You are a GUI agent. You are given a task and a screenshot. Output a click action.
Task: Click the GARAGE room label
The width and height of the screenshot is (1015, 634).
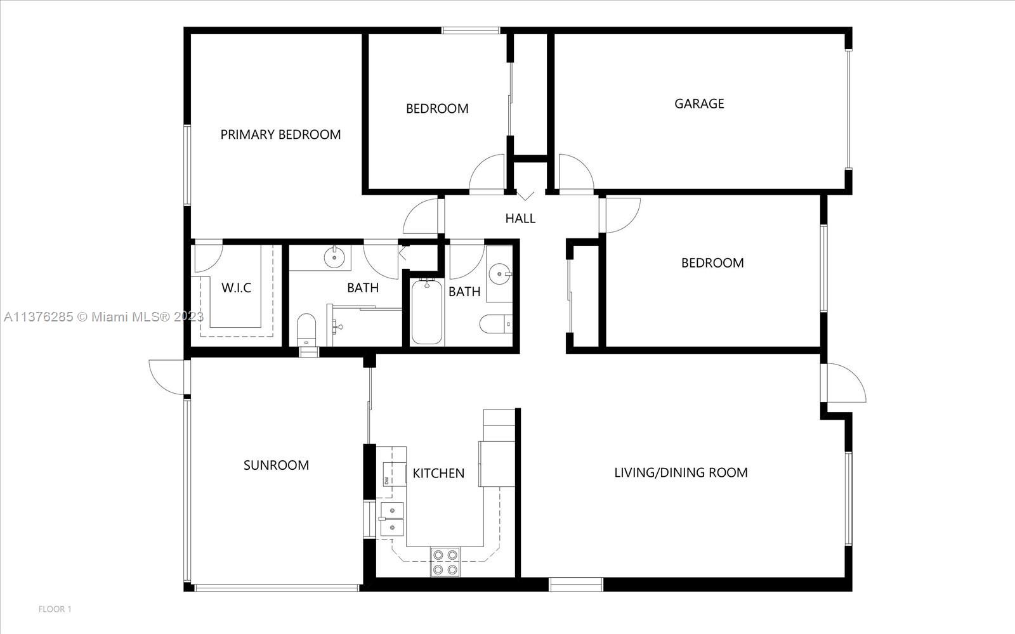pyautogui.click(x=699, y=104)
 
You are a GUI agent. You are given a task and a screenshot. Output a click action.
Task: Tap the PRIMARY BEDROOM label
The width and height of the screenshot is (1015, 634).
pyautogui.click(x=280, y=134)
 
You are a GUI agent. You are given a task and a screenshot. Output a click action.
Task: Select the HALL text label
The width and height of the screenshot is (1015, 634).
pyautogui.click(x=520, y=218)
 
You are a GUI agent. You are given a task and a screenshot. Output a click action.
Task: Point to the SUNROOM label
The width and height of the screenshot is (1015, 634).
pyautogui.click(x=276, y=465)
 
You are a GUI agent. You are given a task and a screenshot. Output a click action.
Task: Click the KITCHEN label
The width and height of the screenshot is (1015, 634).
pyautogui.click(x=438, y=473)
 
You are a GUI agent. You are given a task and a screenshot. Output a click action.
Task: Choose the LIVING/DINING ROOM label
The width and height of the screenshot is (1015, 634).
pyautogui.click(x=681, y=473)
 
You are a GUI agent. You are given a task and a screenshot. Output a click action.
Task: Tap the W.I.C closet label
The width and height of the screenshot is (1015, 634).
pyautogui.click(x=236, y=288)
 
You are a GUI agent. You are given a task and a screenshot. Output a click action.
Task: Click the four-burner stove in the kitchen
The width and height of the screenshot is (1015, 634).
pyautogui.click(x=445, y=562)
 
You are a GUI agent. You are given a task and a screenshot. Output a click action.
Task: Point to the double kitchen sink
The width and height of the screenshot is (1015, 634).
pyautogui.click(x=392, y=519)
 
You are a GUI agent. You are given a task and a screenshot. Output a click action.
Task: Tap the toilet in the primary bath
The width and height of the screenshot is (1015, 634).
pyautogui.click(x=306, y=329)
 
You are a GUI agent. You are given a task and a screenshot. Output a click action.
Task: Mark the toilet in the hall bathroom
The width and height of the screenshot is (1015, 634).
pyautogui.click(x=495, y=324)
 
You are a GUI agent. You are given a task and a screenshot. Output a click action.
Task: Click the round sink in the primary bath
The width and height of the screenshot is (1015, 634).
pyautogui.click(x=334, y=257)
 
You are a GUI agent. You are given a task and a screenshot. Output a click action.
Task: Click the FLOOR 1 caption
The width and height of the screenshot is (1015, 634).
pyautogui.click(x=55, y=609)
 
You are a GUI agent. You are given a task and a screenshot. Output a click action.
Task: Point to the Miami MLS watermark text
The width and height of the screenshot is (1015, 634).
pyautogui.click(x=104, y=317)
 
